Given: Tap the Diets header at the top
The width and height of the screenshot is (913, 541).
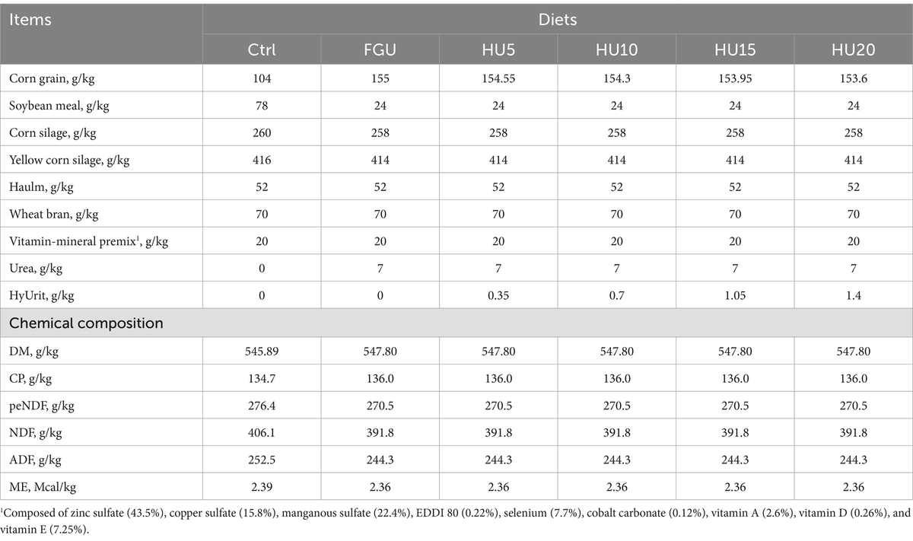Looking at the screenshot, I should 557,18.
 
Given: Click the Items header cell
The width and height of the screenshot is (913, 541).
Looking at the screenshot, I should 31,18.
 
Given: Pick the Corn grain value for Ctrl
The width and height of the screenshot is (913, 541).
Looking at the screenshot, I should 261,79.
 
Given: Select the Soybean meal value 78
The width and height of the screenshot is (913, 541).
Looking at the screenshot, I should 261,106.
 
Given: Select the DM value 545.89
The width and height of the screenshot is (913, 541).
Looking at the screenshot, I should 261,351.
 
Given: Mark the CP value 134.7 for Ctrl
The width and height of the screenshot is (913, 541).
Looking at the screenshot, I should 261,377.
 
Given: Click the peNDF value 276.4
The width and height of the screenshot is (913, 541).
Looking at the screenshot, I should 261,405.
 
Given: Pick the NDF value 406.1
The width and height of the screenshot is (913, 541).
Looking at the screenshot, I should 261,431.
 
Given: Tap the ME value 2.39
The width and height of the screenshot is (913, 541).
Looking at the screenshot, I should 261,485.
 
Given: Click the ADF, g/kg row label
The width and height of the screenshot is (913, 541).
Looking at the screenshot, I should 38,459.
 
